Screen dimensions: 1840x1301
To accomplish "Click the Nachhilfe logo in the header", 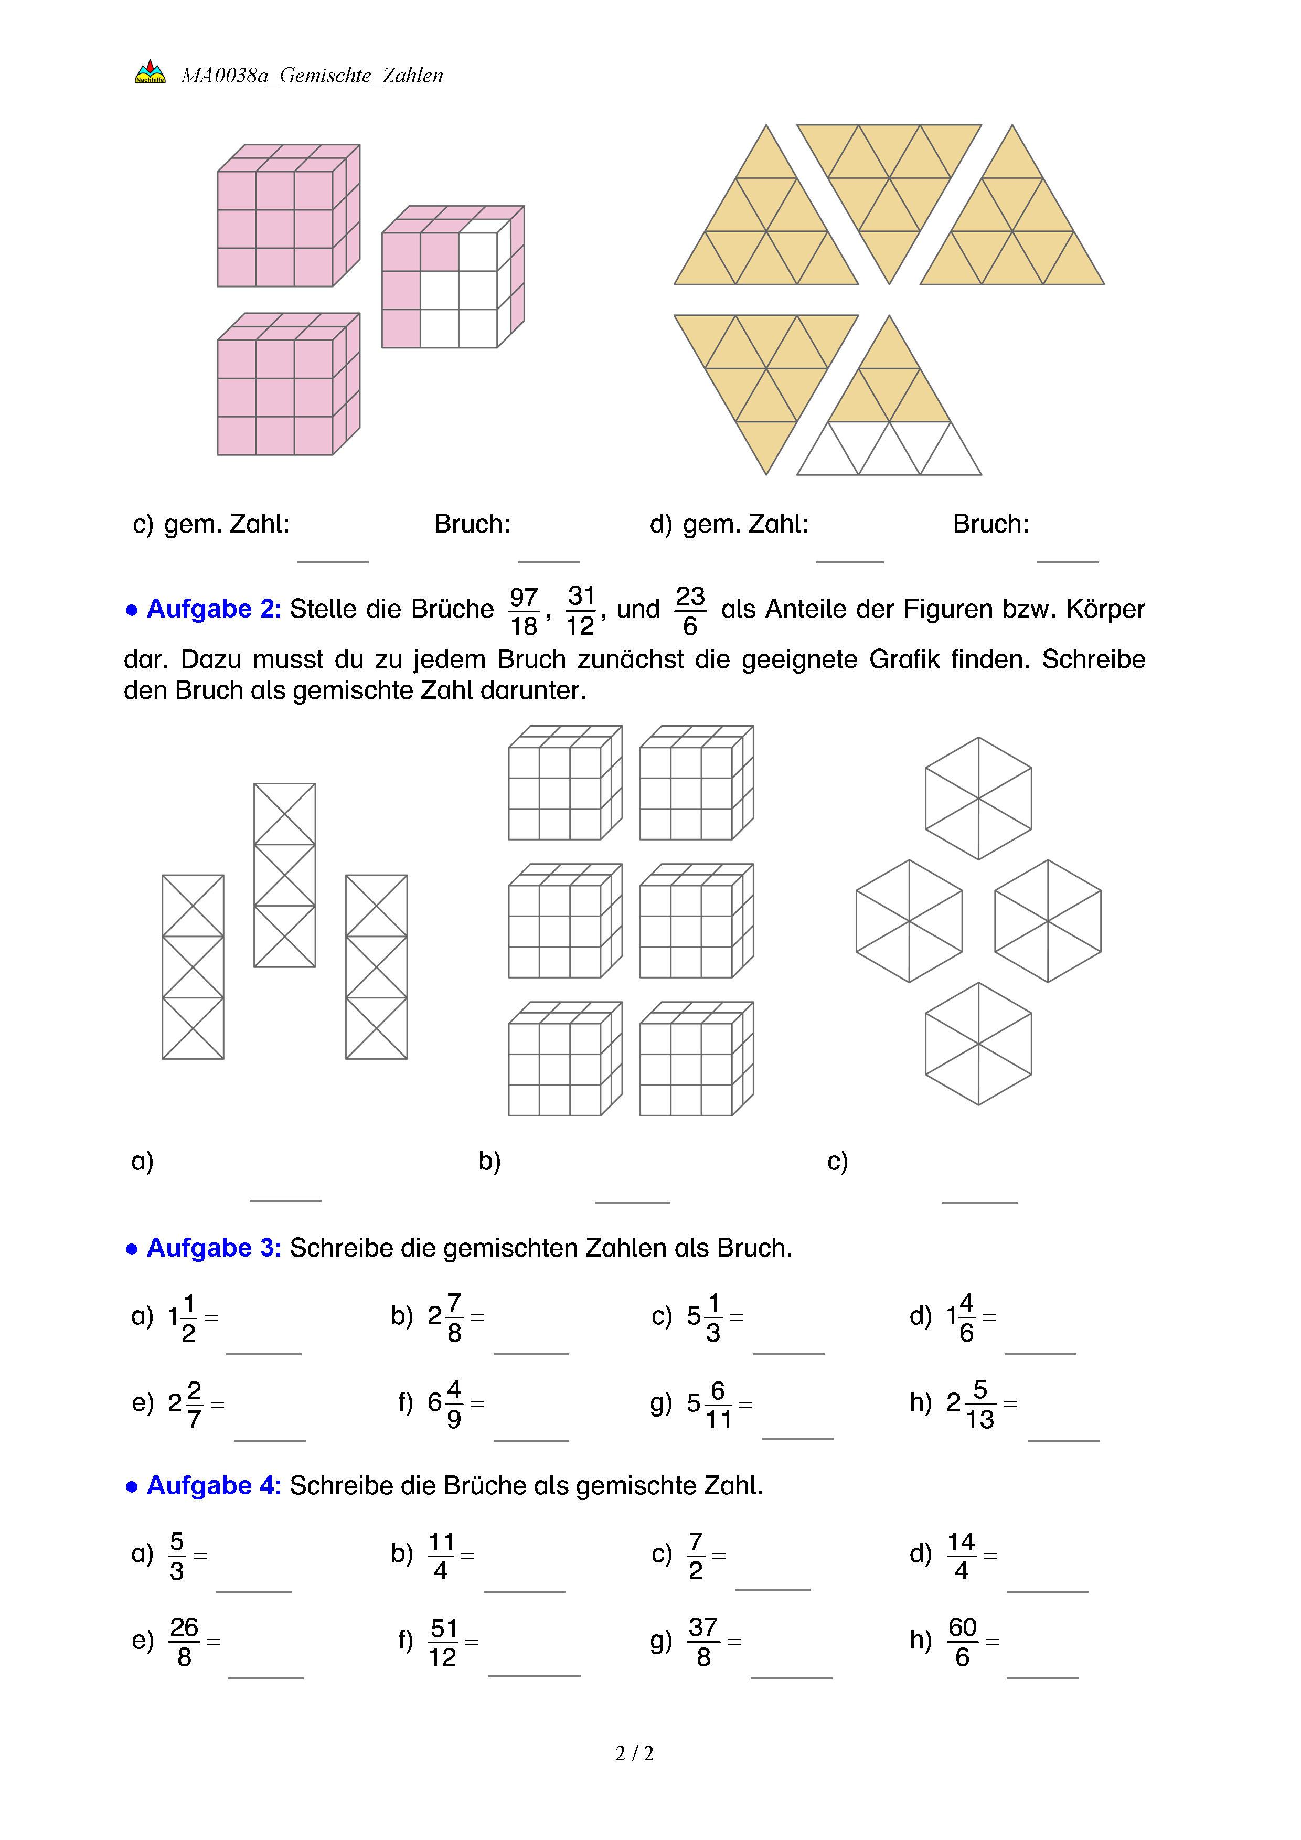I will (x=150, y=73).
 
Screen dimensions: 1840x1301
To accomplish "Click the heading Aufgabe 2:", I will (x=213, y=609).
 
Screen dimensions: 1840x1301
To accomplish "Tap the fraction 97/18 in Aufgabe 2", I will (x=524, y=611).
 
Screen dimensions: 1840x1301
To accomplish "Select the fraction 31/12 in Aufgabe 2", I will (x=581, y=611).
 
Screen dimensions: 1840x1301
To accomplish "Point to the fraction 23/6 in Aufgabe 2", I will (x=690, y=611).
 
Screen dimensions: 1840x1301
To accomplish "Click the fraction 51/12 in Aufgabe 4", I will (x=443, y=1642).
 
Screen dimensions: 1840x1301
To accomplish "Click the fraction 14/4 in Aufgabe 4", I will (x=962, y=1556).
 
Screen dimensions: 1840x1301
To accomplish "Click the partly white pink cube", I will (x=453, y=277).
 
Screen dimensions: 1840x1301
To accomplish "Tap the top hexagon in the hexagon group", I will (x=978, y=798).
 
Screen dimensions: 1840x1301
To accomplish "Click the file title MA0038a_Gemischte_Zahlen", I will (x=312, y=76).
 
